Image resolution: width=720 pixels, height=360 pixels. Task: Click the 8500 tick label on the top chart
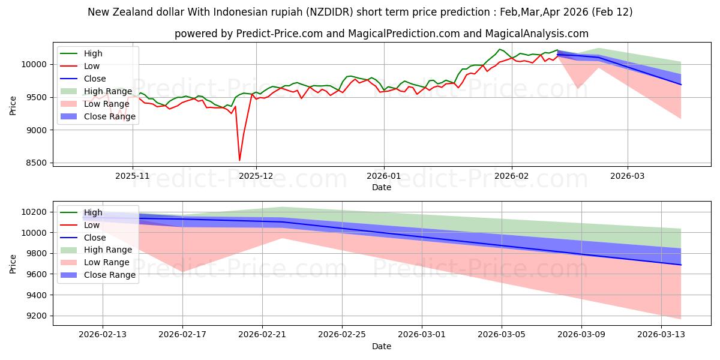37,163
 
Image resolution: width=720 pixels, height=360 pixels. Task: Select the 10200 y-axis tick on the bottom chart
35,212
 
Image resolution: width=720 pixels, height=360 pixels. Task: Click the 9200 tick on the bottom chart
37,316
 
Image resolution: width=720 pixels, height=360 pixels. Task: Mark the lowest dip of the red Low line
240,160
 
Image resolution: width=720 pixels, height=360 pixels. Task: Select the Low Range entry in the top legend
100,104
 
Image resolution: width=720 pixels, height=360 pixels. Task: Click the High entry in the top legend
92,53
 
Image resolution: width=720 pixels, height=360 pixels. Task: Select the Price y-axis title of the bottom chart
13,263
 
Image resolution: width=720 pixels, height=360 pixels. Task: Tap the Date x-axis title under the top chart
381,187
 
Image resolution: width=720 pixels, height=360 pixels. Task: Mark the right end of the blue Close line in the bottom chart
680,265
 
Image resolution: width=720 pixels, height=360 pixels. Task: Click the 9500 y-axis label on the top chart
37,97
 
